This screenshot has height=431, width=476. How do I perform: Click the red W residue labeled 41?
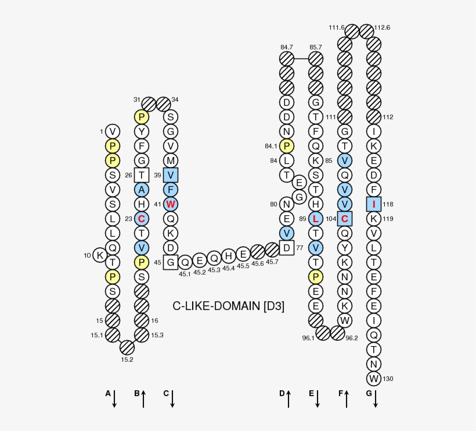click(171, 204)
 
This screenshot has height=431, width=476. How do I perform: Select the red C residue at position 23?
click(142, 219)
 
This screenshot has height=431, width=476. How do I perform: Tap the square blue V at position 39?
click(171, 175)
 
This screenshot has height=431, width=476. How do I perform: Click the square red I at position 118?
click(374, 204)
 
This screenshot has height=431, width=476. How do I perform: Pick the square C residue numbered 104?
click(345, 219)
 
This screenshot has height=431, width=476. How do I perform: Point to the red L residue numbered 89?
click(316, 219)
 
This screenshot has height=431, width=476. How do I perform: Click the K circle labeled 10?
click(100, 255)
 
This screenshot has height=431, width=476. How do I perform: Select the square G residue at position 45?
click(171, 262)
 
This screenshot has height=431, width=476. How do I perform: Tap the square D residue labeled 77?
click(287, 248)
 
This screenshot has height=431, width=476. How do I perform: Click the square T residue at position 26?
click(142, 175)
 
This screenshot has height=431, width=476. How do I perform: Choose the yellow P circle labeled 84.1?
click(287, 146)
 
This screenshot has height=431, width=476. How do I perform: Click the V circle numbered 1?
click(113, 131)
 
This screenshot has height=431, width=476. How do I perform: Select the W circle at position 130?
click(374, 379)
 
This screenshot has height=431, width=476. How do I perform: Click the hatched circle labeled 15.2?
click(127, 347)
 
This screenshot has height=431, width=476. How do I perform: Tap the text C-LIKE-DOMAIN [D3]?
click(229, 306)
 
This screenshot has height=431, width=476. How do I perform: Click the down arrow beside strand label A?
click(114, 398)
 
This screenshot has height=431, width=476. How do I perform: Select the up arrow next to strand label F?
click(347, 398)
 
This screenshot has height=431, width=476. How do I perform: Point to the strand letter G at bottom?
click(369, 394)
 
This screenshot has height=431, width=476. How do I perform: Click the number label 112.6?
click(383, 27)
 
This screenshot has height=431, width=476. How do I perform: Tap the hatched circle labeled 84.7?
click(287, 59)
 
